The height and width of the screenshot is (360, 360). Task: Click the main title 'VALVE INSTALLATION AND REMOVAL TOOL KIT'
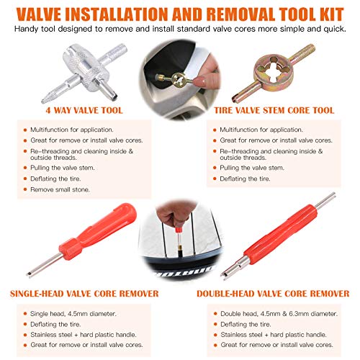180,12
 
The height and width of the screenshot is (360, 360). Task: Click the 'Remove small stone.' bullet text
75,189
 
